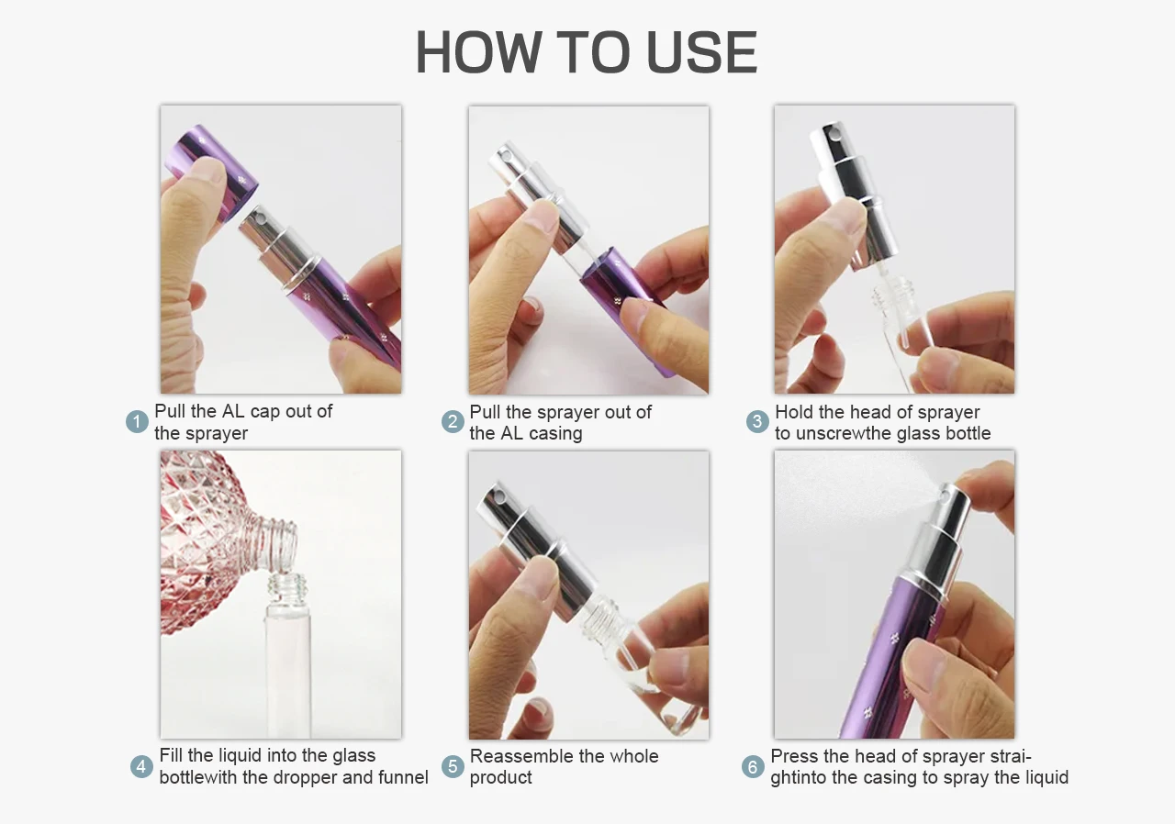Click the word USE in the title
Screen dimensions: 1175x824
(702, 52)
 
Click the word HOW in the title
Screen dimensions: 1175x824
(478, 52)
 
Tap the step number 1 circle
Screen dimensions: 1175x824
(137, 422)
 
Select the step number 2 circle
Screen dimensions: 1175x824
(453, 422)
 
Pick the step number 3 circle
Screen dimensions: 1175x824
(757, 421)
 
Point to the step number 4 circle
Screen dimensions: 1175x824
(141, 766)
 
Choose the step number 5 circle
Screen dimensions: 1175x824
(453, 766)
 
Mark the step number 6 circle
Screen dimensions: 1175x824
(753, 767)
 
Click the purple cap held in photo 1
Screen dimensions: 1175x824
(212, 171)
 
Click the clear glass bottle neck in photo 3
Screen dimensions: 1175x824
(894, 293)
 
